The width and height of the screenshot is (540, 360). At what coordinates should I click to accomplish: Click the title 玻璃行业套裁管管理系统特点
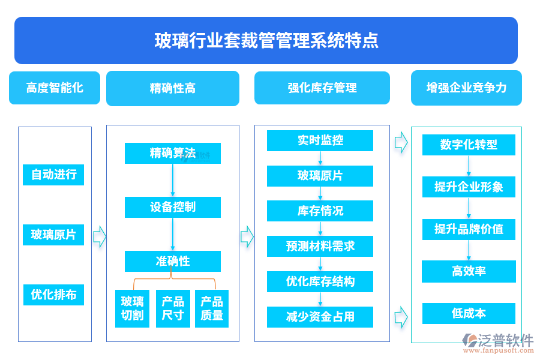point(266,41)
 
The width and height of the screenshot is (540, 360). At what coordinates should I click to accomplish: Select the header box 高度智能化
point(55,88)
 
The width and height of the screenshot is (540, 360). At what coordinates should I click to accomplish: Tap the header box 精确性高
point(173,89)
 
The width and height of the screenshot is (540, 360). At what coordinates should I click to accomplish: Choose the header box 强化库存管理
point(322,88)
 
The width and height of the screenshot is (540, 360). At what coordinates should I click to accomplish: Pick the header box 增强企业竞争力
point(466,88)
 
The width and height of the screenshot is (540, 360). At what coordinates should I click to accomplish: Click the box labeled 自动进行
point(54,175)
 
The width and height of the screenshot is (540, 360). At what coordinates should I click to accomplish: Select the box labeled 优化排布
point(54,295)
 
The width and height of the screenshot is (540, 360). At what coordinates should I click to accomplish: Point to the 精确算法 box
point(173,154)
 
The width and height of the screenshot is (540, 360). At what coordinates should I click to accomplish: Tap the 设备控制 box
point(173,208)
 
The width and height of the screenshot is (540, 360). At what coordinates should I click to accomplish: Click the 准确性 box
point(173,262)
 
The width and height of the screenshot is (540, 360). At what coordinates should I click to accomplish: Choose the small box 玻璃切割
point(132,308)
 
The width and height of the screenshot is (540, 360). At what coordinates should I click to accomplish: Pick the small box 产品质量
point(212,308)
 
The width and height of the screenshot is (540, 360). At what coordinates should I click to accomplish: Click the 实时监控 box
point(320,141)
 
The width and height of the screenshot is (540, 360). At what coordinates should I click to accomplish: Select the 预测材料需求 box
point(320,247)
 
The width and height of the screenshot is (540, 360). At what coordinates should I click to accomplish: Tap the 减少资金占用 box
point(320,317)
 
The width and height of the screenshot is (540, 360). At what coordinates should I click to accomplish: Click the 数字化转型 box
point(469,145)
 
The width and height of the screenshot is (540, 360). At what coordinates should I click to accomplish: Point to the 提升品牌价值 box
point(469,229)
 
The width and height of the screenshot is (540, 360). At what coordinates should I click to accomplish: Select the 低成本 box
point(469,313)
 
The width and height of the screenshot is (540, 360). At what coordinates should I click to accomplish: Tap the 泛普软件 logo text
point(506,341)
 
